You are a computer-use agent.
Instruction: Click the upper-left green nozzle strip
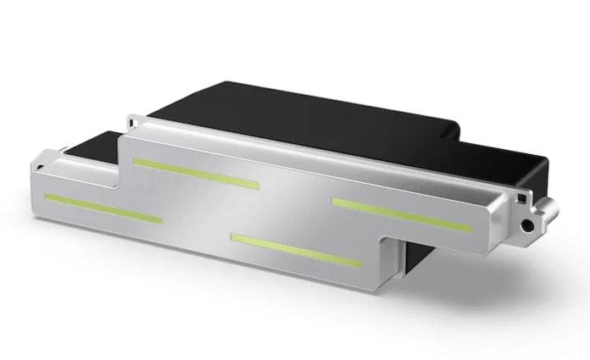(x=196, y=172)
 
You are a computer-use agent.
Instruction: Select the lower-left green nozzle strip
(x=103, y=208)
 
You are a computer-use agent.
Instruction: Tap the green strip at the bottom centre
(x=296, y=250)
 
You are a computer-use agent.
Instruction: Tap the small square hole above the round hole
(x=515, y=197)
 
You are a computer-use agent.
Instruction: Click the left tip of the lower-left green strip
(x=47, y=197)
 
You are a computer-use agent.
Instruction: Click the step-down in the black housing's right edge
(x=459, y=136)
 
